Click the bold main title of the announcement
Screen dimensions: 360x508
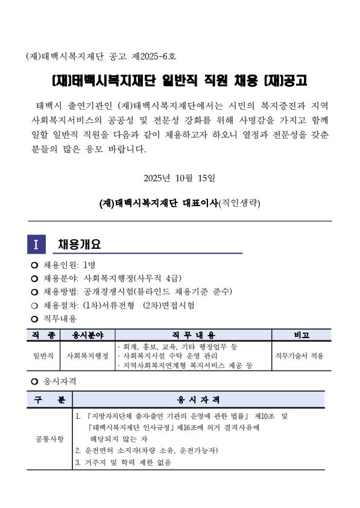[179, 81]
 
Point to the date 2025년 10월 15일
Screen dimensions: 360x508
[180, 178]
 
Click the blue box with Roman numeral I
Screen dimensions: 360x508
[36, 245]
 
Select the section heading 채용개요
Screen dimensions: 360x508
[79, 245]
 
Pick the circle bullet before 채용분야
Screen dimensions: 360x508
[34, 278]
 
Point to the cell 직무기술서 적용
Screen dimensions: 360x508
[300, 356]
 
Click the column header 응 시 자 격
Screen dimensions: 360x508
[198, 400]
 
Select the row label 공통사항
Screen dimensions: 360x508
[49, 439]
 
